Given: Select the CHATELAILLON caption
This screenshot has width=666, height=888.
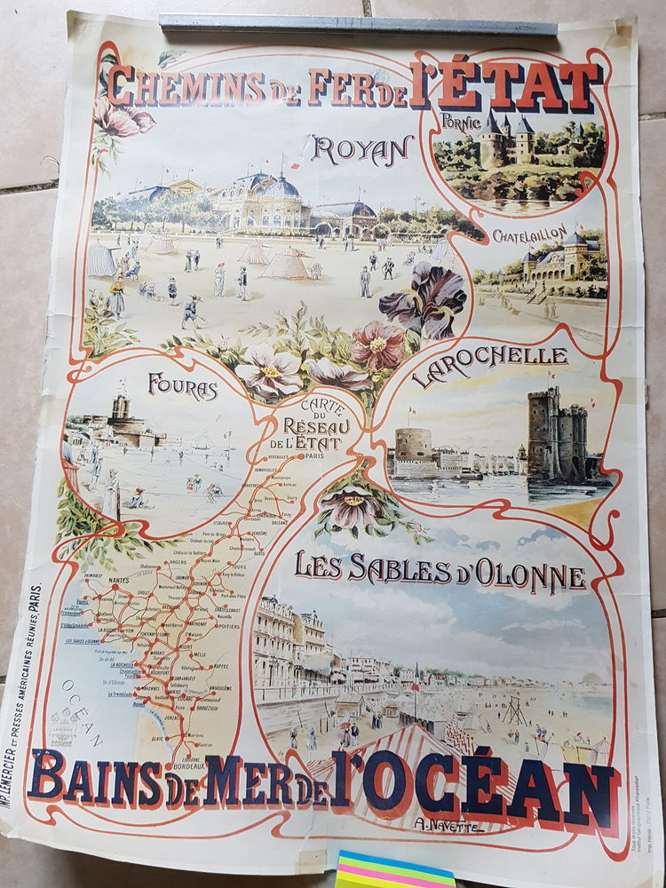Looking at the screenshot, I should tap(529, 238).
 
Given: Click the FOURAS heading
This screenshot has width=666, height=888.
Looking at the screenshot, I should tap(183, 387).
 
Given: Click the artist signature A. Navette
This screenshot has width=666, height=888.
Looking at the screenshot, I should tap(449, 824).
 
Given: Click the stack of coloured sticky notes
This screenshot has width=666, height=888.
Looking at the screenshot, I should tap(394, 871).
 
